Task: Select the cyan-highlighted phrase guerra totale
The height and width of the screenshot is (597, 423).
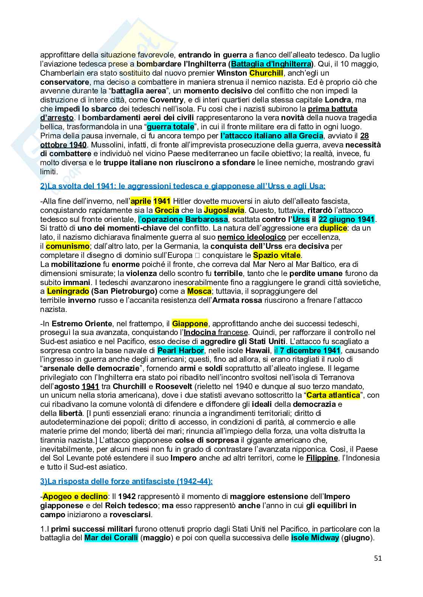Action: pyautogui.click(x=170, y=127)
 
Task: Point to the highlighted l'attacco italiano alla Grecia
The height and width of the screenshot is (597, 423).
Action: pyautogui.click(x=272, y=136)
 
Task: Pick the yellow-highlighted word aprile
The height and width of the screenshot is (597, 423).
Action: pyautogui.click(x=141, y=201)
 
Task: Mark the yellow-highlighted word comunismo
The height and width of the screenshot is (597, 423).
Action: pyautogui.click(x=67, y=247)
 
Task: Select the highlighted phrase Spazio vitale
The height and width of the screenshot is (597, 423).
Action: pyautogui.click(x=277, y=255)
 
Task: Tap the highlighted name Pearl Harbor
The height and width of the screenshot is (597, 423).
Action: pyautogui.click(x=180, y=350)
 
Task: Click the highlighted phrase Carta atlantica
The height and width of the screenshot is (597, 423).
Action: pyautogui.click(x=333, y=395)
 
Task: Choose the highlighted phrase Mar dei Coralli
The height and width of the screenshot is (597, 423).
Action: pyautogui.click(x=111, y=538)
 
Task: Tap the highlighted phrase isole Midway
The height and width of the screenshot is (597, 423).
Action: pyautogui.click(x=315, y=538)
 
